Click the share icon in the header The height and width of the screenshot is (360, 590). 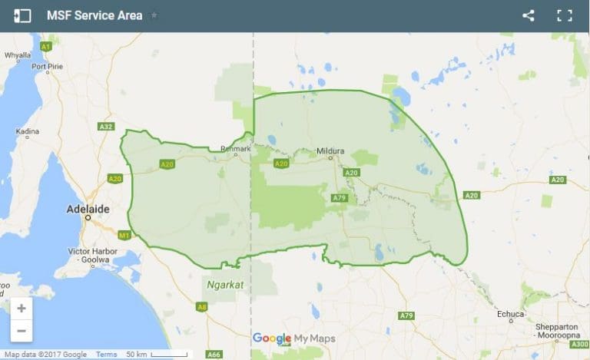coord(528,15)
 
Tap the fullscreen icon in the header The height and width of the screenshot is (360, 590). coord(565,15)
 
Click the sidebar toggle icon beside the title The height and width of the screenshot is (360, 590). coord(22,15)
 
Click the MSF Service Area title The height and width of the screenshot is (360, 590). coord(94,15)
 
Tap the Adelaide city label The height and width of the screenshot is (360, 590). coord(89,209)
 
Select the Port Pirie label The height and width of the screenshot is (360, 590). coord(46,66)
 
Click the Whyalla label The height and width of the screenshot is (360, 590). coord(18,55)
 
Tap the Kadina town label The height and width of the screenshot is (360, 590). coord(27,132)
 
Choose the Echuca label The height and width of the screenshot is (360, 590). coord(511,314)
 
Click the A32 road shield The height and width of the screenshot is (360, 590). coord(106,126)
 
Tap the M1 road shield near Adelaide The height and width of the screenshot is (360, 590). coord(124,235)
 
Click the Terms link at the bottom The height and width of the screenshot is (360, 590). coord(106,354)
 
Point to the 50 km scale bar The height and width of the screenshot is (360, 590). coord(157,354)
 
